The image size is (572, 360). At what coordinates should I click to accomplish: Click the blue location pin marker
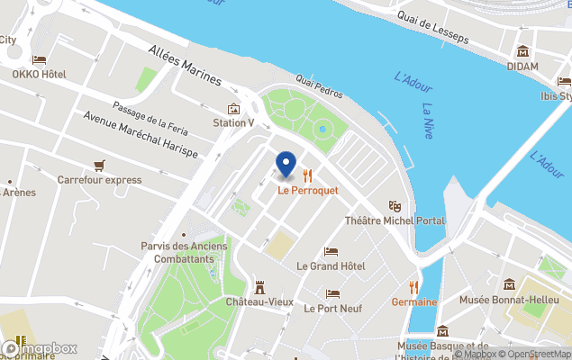click(285, 165)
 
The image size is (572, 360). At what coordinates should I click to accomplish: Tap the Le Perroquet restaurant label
click(307, 190)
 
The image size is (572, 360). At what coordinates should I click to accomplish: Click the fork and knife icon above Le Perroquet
click(307, 175)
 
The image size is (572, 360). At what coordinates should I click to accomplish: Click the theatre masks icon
click(394, 206)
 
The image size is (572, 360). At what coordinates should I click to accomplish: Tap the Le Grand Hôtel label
click(331, 266)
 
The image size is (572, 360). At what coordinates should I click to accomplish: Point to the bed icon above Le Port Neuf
click(331, 293)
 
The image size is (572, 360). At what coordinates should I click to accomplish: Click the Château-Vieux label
click(259, 301)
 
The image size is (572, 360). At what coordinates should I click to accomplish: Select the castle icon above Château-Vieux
click(259, 286)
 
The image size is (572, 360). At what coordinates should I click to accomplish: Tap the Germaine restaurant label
click(413, 302)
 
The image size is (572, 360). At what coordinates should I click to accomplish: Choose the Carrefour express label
click(99, 180)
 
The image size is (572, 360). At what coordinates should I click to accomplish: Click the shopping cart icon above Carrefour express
click(99, 165)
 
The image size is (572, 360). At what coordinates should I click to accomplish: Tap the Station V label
click(233, 122)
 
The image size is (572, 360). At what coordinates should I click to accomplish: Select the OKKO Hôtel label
click(39, 75)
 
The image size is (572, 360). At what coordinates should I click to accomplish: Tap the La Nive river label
click(433, 124)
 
